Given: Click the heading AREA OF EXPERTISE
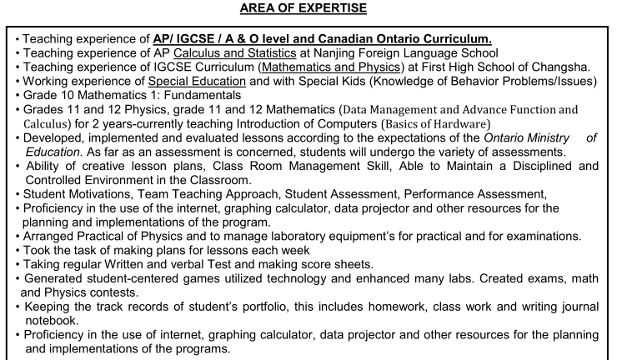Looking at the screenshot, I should point(308,8).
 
